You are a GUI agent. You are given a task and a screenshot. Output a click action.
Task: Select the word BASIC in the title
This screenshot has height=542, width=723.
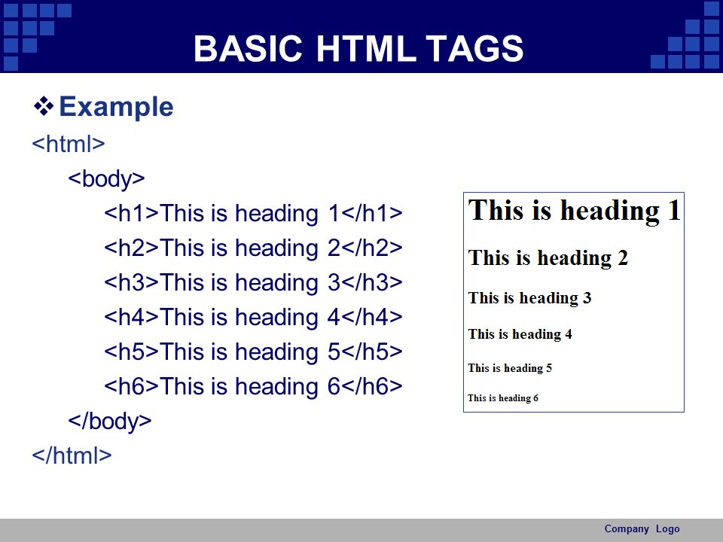[248, 48]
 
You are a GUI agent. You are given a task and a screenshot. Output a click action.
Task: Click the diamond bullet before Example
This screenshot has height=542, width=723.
[44, 106]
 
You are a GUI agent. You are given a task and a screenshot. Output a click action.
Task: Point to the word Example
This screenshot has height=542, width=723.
[116, 107]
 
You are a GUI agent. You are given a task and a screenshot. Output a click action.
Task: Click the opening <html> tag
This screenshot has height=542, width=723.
[69, 144]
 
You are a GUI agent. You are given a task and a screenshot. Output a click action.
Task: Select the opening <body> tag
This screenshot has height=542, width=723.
[106, 179]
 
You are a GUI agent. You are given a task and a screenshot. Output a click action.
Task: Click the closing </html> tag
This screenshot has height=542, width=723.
[72, 455]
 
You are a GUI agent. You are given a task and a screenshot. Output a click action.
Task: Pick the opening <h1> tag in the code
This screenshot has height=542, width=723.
[131, 213]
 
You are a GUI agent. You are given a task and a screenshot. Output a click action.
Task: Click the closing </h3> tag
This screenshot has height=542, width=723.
[372, 282]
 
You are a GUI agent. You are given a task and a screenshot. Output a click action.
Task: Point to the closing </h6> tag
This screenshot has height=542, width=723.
[372, 386]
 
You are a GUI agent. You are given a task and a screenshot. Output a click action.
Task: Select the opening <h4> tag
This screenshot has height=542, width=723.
[131, 317]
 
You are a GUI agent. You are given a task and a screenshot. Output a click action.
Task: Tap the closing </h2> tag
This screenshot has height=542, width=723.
[372, 248]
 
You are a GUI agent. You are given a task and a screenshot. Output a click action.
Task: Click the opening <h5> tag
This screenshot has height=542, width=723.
[131, 352]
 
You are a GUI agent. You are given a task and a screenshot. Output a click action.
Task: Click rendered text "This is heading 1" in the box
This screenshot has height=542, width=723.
[574, 211]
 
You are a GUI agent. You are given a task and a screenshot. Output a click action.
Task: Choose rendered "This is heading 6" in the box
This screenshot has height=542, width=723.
[503, 398]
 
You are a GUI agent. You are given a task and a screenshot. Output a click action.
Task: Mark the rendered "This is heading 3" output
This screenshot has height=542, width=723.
[529, 299]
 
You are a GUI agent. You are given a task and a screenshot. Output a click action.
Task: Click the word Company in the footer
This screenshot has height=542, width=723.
[627, 529]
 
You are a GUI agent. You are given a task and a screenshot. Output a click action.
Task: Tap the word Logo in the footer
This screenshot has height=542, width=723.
[668, 529]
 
